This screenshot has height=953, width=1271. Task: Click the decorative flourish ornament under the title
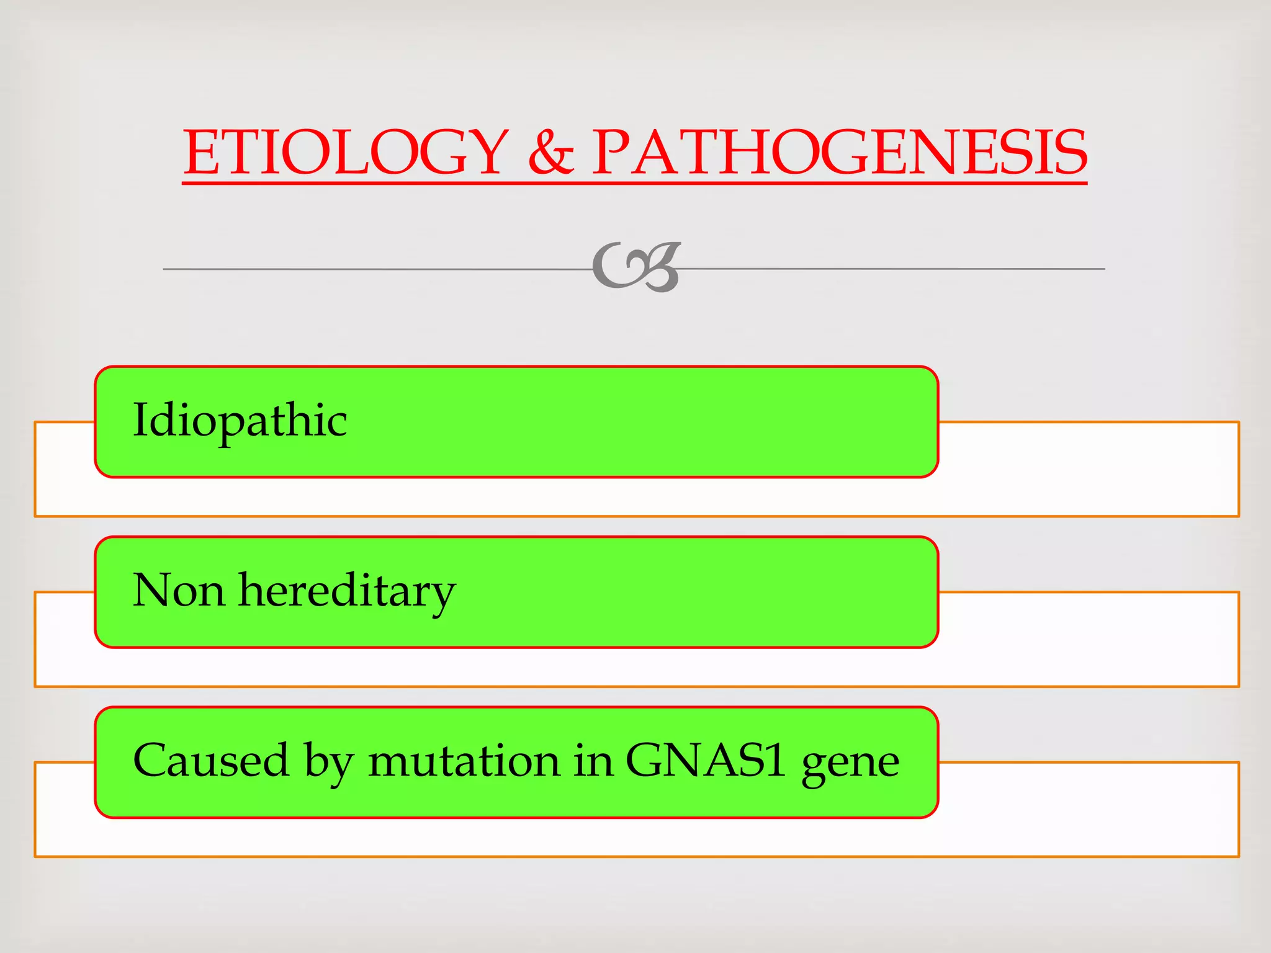[x=637, y=267]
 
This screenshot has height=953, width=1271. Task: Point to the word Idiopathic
[x=240, y=421]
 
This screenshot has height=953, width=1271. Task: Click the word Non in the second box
[x=179, y=590]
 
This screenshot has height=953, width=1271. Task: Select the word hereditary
[x=348, y=590]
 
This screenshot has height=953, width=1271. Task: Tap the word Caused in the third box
[x=211, y=760]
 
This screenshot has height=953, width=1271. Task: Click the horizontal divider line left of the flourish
[x=372, y=269]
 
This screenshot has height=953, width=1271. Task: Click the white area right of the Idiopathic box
[x=1086, y=468]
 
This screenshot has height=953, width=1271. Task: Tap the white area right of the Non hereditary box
[x=1086, y=639]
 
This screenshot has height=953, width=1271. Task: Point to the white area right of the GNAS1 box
[x=1086, y=809]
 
